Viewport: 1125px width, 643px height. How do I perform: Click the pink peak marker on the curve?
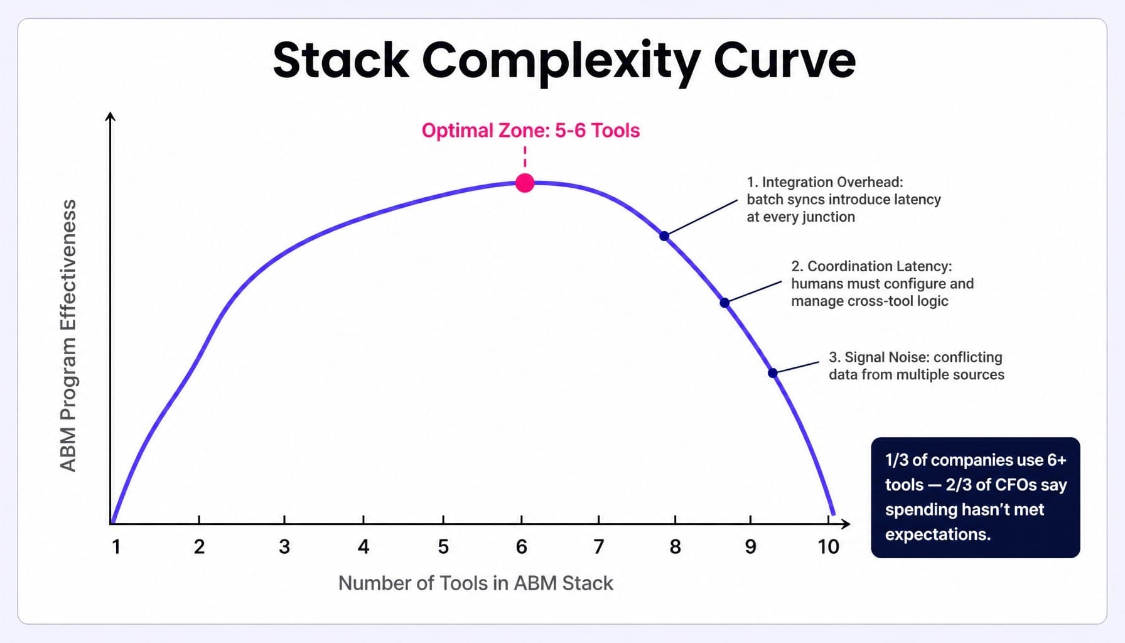[525, 183]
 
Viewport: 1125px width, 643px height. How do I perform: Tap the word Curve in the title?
[784, 60]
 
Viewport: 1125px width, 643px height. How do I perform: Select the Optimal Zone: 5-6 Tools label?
[530, 131]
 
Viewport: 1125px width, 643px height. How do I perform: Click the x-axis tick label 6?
[521, 547]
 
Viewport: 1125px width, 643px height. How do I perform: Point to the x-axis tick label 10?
[828, 547]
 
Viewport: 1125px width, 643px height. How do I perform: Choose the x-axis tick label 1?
[116, 547]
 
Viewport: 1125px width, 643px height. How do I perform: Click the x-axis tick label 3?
[284, 547]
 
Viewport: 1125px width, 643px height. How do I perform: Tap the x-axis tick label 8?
[675, 547]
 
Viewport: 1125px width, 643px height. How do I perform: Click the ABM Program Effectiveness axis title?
[68, 335]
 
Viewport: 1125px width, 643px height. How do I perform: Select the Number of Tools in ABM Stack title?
[475, 583]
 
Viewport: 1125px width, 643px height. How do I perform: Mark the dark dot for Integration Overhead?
[664, 236]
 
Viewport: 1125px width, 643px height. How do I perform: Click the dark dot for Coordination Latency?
[724, 303]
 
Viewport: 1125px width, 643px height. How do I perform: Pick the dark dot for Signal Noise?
[773, 373]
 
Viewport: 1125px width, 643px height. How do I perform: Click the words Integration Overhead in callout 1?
[832, 182]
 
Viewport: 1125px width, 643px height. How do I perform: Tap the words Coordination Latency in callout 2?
[880, 266]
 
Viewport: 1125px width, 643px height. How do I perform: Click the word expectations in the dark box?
[937, 534]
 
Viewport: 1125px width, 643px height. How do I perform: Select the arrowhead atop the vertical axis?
[110, 116]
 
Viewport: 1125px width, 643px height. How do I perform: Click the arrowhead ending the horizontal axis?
[846, 524]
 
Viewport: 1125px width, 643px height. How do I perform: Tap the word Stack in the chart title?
[341, 60]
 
